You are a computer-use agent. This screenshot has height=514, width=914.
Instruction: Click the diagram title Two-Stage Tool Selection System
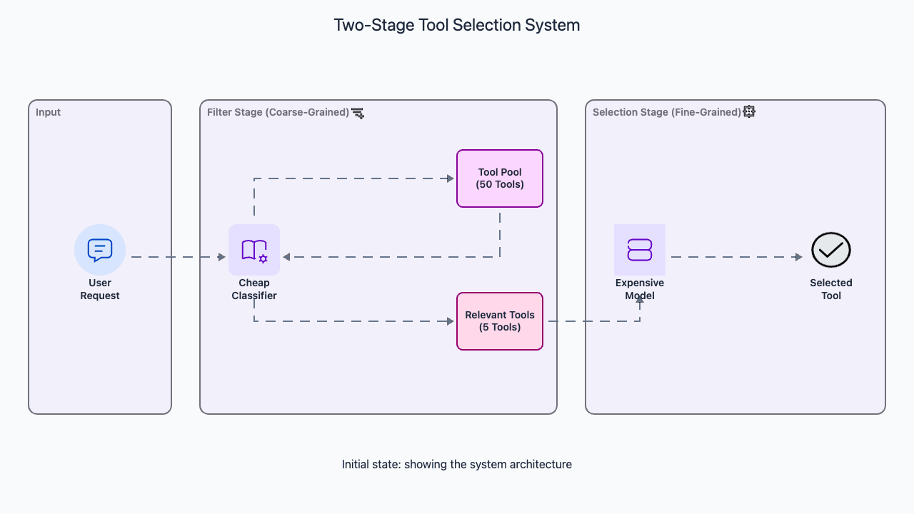(457, 25)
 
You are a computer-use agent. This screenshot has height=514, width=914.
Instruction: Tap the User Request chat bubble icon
(100, 250)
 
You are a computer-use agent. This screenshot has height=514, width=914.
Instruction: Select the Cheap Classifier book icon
(254, 250)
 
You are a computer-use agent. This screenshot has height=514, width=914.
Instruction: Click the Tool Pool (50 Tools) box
(500, 178)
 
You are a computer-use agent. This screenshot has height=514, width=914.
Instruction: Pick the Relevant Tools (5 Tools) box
(500, 321)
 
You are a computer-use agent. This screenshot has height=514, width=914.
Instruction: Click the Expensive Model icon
(640, 250)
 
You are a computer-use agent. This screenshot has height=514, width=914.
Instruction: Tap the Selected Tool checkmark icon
(831, 250)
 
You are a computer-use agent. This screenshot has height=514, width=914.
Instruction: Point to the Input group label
(49, 112)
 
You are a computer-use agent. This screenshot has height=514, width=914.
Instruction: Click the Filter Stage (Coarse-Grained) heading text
(278, 112)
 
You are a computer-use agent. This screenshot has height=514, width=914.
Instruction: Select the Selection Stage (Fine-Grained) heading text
(666, 112)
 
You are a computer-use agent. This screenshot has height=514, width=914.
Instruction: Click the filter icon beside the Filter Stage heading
(358, 113)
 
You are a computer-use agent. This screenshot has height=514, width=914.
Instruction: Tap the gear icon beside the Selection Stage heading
(749, 111)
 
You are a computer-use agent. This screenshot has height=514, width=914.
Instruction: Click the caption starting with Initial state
(457, 464)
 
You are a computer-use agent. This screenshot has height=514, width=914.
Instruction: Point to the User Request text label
(100, 289)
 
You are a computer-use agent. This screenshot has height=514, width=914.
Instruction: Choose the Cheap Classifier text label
(254, 289)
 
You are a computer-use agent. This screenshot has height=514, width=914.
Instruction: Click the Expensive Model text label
(640, 289)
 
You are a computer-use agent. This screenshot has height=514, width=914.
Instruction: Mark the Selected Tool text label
(831, 289)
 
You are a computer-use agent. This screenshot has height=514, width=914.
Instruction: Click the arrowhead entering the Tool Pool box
(451, 178)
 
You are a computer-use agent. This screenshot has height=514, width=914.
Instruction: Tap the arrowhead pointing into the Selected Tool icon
(799, 257)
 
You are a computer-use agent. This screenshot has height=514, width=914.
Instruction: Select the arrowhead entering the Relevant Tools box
(451, 321)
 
